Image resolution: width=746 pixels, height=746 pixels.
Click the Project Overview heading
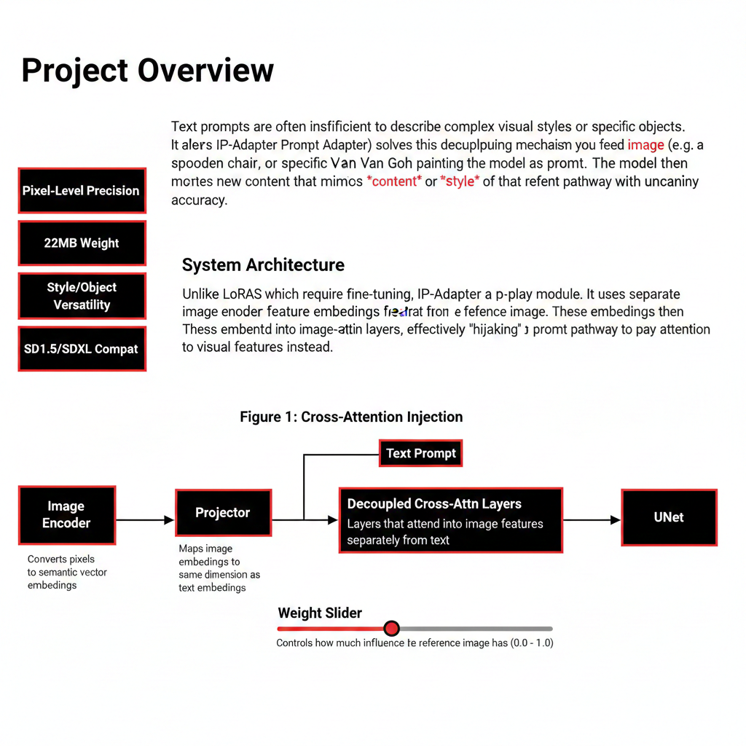click(148, 71)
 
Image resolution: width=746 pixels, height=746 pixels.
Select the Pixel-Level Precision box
click(82, 191)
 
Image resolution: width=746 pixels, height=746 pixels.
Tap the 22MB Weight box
click(82, 243)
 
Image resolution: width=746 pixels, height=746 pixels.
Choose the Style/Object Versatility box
click(82, 296)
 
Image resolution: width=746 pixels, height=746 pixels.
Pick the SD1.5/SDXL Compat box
click(82, 349)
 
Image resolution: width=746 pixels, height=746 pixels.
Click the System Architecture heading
click(263, 264)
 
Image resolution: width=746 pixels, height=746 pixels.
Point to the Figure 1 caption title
click(351, 417)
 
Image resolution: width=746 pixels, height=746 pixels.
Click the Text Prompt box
click(420, 453)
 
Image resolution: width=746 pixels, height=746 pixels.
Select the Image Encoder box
click(66, 515)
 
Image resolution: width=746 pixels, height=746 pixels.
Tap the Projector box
click(223, 513)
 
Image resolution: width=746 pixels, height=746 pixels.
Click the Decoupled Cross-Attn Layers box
click(450, 520)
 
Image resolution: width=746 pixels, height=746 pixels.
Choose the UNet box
click(668, 518)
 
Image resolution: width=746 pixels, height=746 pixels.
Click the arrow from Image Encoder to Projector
click(145, 520)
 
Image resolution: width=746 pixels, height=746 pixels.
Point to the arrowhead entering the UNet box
click(616, 520)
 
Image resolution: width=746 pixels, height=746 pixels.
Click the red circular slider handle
click(391, 628)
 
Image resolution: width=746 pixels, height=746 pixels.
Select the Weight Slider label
click(320, 613)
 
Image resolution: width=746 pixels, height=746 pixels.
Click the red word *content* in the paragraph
click(394, 181)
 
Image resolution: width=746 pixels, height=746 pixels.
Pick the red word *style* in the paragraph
click(459, 181)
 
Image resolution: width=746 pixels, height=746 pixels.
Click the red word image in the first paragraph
click(645, 144)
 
